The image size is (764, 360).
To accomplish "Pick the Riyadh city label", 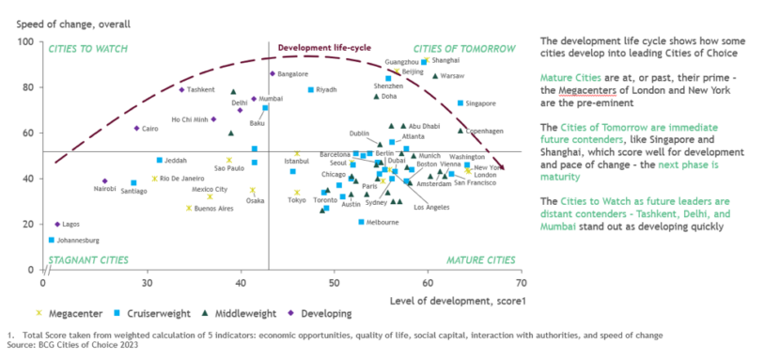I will tap(326, 90).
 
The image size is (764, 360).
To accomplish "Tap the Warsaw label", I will tap(452, 75).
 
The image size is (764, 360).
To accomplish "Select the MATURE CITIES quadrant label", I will tap(479, 259).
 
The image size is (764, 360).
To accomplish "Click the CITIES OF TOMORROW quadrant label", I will tap(464, 48).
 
